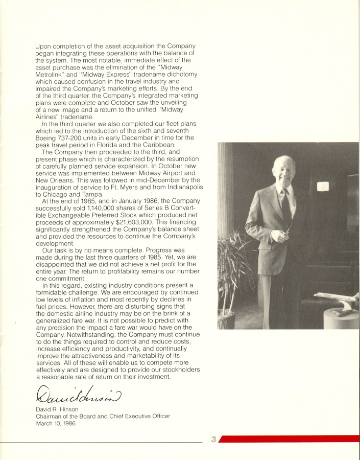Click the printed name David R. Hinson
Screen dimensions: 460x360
coord(57,410)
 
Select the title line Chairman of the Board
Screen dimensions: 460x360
coord(102,417)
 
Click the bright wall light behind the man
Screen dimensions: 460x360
coord(322,187)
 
